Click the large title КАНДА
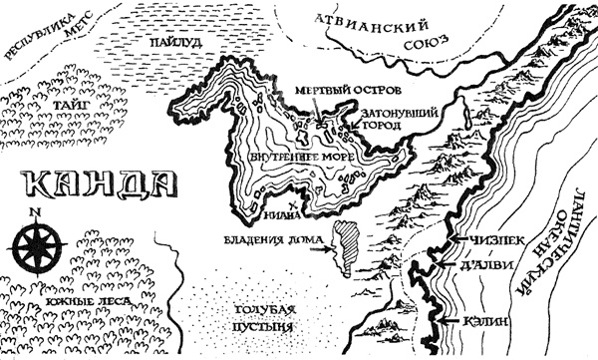click(97, 186)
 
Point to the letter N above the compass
click(35, 212)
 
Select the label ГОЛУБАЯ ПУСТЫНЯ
click(258, 319)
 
